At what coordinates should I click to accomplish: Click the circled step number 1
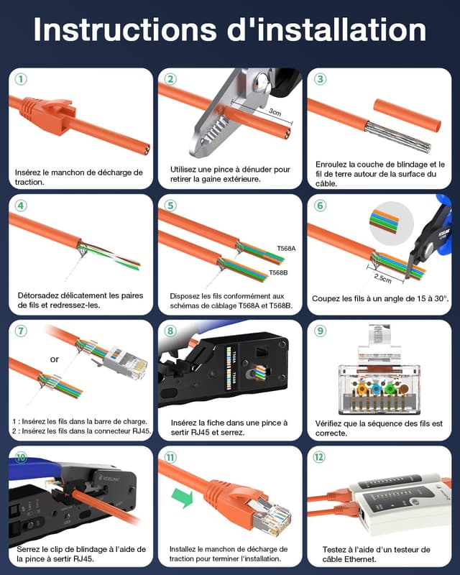22,79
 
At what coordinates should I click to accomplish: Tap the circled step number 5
171,206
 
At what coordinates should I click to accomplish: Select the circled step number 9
321,331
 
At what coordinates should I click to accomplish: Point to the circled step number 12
321,457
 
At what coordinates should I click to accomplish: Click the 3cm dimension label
275,112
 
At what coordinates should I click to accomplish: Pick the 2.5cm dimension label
382,277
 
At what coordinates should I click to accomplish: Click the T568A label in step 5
286,249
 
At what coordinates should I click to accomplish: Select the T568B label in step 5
279,273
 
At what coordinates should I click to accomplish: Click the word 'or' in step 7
55,359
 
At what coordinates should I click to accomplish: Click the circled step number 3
321,79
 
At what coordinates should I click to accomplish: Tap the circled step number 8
171,331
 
